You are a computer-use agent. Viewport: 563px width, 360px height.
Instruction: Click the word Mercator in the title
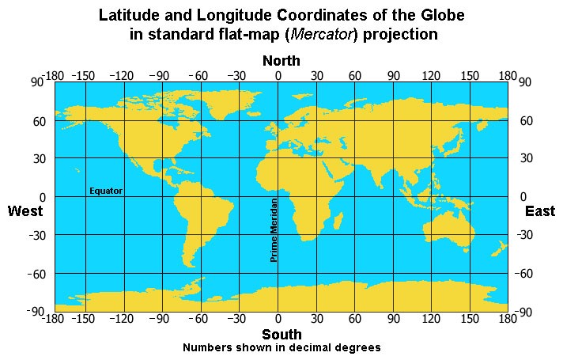pyautogui.click(x=319, y=35)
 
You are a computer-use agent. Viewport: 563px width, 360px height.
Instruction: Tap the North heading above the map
pyautogui.click(x=281, y=61)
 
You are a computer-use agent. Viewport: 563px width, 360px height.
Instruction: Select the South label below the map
pyautogui.click(x=281, y=335)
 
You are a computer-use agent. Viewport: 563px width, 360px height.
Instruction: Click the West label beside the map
pyautogui.click(x=25, y=211)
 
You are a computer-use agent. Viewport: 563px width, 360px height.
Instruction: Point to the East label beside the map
pyautogui.click(x=540, y=211)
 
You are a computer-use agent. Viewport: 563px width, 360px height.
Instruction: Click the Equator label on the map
pyautogui.click(x=106, y=191)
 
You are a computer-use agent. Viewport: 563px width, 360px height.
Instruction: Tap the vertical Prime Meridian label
pyautogui.click(x=274, y=229)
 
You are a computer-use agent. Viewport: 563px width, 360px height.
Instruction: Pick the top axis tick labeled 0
pyautogui.click(x=278, y=75)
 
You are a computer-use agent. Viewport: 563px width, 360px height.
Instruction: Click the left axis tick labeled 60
pyautogui.click(x=37, y=121)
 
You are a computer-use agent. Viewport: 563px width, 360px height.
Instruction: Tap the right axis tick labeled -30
pyautogui.click(x=527, y=235)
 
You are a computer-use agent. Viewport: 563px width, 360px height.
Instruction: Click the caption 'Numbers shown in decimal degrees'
pyautogui.click(x=281, y=347)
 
